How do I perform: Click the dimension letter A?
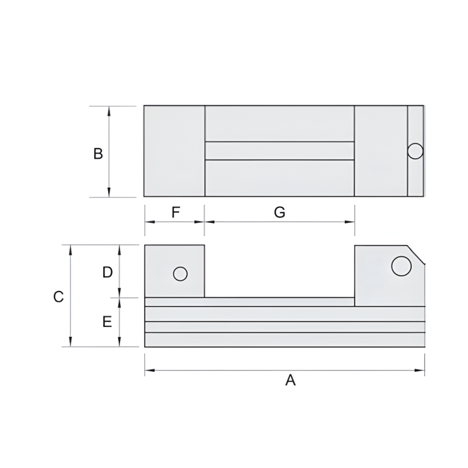[x=290, y=380]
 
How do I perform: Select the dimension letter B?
[x=98, y=154]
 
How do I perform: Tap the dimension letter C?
[x=58, y=297]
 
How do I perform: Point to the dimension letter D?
[x=108, y=272]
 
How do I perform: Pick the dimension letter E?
[x=108, y=322]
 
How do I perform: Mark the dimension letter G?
[x=280, y=212]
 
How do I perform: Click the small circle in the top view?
[x=416, y=151]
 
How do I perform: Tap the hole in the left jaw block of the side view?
[x=180, y=274]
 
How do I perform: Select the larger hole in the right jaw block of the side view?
[x=402, y=266]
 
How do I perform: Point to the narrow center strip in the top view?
[x=280, y=151]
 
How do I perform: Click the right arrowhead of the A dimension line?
[x=421, y=371]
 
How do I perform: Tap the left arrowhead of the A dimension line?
[x=148, y=371]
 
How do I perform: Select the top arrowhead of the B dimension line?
[x=109, y=109]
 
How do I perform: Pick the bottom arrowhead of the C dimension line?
[x=70, y=343]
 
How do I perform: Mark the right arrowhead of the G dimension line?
[x=351, y=222]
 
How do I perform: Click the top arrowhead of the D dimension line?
[x=120, y=248]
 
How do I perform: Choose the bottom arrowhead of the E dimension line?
[x=120, y=343]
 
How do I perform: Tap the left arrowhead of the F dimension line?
[x=148, y=222]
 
